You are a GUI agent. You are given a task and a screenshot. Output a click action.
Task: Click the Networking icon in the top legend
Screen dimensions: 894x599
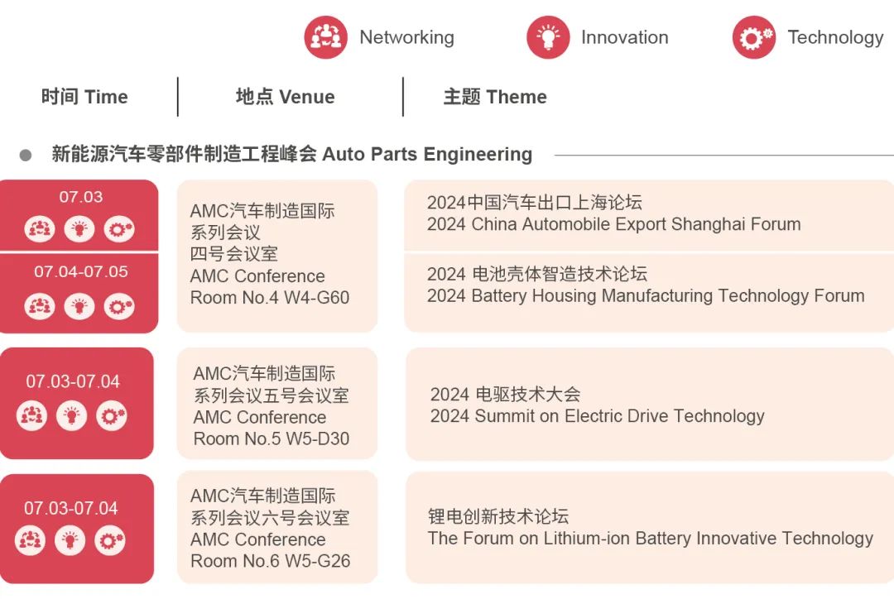(x=325, y=37)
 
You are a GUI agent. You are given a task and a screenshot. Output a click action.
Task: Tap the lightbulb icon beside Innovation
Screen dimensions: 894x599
(x=548, y=37)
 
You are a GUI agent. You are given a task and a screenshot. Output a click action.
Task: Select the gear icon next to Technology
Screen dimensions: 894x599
(x=754, y=37)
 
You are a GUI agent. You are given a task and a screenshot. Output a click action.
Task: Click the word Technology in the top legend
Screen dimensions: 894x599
(x=835, y=37)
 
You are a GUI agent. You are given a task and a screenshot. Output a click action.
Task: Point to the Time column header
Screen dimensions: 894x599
(x=84, y=97)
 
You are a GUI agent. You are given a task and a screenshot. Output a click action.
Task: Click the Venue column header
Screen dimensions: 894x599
(x=285, y=97)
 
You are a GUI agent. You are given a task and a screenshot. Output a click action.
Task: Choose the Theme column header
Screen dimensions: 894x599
(x=495, y=97)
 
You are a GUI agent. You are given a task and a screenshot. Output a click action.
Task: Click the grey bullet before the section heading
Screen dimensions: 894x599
(x=26, y=155)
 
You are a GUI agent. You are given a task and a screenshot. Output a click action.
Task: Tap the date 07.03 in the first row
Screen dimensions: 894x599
(x=81, y=197)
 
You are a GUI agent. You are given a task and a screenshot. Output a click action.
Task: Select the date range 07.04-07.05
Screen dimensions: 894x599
(x=81, y=272)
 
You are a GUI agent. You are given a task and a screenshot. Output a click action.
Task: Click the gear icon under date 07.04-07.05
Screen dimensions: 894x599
(x=119, y=307)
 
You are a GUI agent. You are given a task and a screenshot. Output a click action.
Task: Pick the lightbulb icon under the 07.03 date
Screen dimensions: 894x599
(x=79, y=230)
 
